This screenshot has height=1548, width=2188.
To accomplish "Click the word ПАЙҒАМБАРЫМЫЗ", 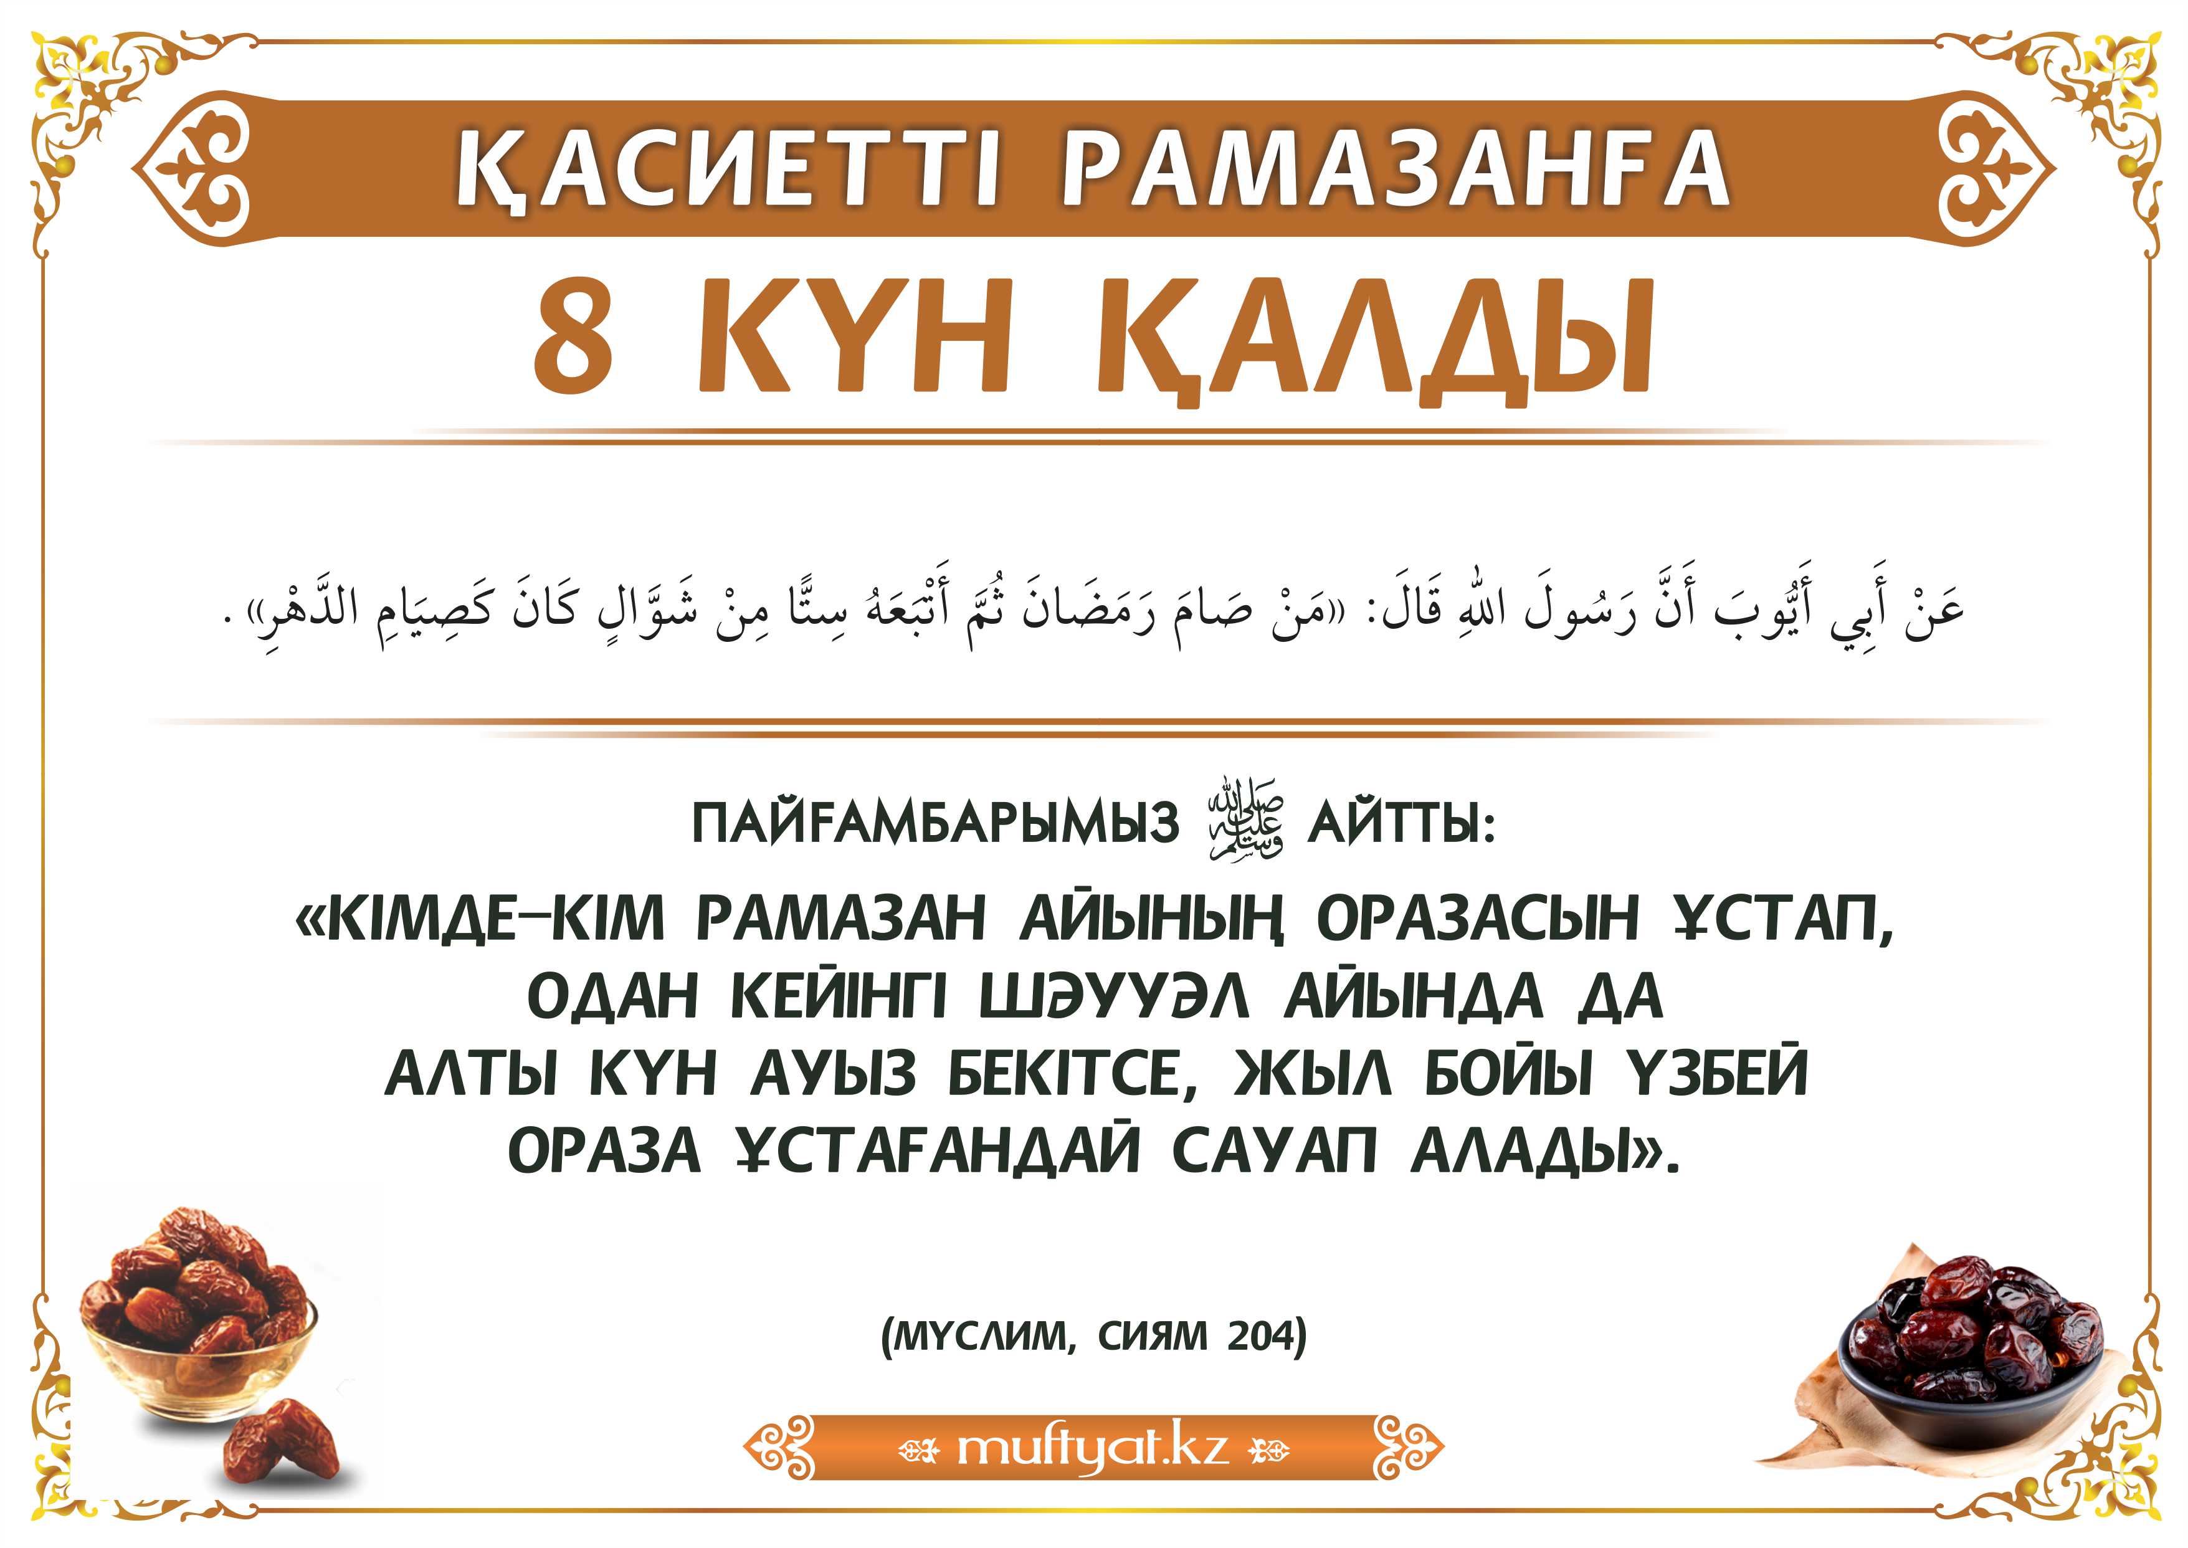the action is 935,824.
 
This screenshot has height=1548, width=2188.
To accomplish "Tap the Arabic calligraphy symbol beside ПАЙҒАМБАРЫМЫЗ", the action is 1245,821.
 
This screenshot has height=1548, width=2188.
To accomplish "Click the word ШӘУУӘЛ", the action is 1114,998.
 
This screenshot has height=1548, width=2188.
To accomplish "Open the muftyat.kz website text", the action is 1092,1447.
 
